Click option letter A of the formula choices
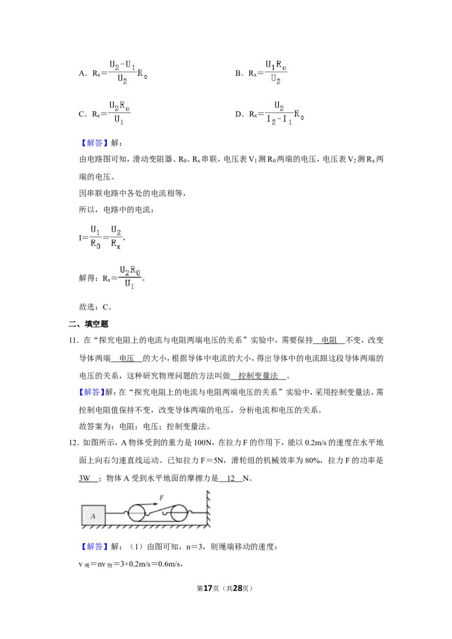click(x=82, y=74)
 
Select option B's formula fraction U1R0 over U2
click(x=276, y=72)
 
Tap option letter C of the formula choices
click(x=82, y=114)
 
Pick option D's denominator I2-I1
click(x=280, y=120)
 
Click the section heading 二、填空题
click(x=89, y=324)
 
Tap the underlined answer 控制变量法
click(x=258, y=376)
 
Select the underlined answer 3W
click(x=84, y=479)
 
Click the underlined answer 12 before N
click(x=231, y=479)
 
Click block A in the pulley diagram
click(x=93, y=515)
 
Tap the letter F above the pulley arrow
click(x=162, y=497)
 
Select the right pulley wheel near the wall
click(x=179, y=513)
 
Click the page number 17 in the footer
click(x=208, y=588)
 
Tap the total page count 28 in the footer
click(x=237, y=588)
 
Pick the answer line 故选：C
click(x=95, y=307)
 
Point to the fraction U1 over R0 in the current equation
click(x=95, y=237)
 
